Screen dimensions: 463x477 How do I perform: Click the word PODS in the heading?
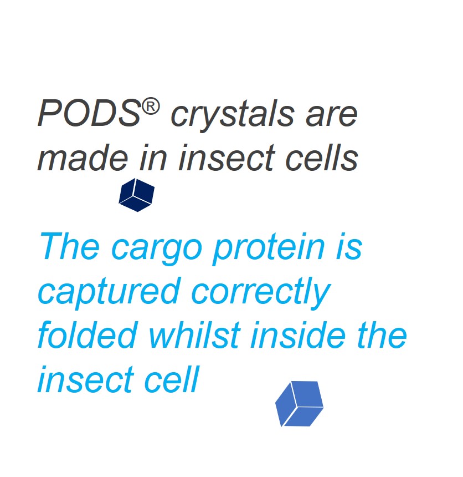tap(89, 113)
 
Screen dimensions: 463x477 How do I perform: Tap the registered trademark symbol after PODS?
tap(151, 107)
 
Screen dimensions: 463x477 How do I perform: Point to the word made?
tap(83, 158)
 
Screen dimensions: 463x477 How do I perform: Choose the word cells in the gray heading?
tap(321, 158)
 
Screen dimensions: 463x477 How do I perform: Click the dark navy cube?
tap(137, 195)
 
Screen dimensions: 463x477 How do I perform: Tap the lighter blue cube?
tap(299, 404)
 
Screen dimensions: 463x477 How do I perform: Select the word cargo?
tap(157, 249)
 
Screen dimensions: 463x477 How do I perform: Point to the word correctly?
tap(260, 293)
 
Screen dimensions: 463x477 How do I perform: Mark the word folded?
tap(86, 334)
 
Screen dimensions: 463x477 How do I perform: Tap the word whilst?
tap(195, 334)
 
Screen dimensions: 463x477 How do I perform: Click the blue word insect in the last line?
tap(85, 379)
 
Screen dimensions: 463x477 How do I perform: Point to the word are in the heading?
tap(331, 115)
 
